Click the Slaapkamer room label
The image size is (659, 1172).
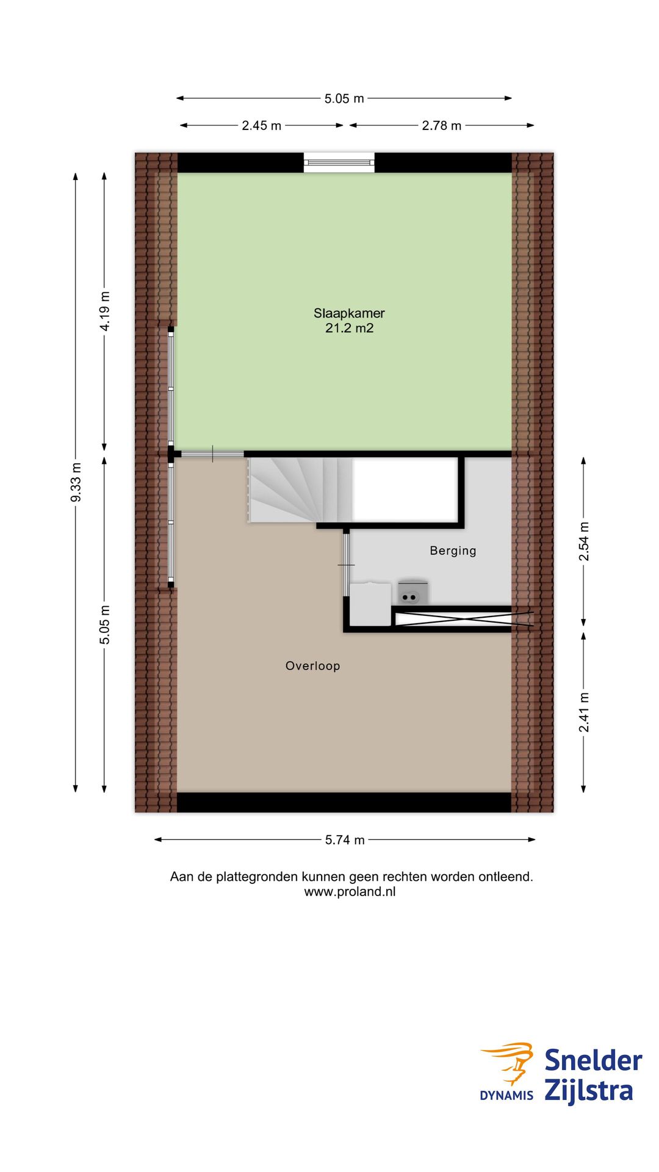[349, 313]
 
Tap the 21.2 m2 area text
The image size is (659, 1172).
[349, 328]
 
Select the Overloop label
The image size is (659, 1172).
[312, 666]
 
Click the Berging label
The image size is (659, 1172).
[453, 551]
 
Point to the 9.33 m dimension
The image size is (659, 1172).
[76, 482]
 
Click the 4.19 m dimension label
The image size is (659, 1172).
[105, 311]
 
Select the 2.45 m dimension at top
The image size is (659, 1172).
[261, 126]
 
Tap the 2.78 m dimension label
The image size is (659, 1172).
[441, 126]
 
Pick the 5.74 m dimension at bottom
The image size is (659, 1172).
[345, 840]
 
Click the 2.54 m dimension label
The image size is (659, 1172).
[584, 541]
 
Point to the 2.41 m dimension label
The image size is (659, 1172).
[584, 712]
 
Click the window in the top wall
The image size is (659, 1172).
[339, 162]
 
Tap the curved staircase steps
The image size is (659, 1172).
[293, 488]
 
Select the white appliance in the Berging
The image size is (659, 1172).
[370, 604]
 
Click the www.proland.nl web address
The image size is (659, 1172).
[350, 892]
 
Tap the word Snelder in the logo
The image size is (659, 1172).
[592, 1060]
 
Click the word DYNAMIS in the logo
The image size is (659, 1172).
[506, 1096]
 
